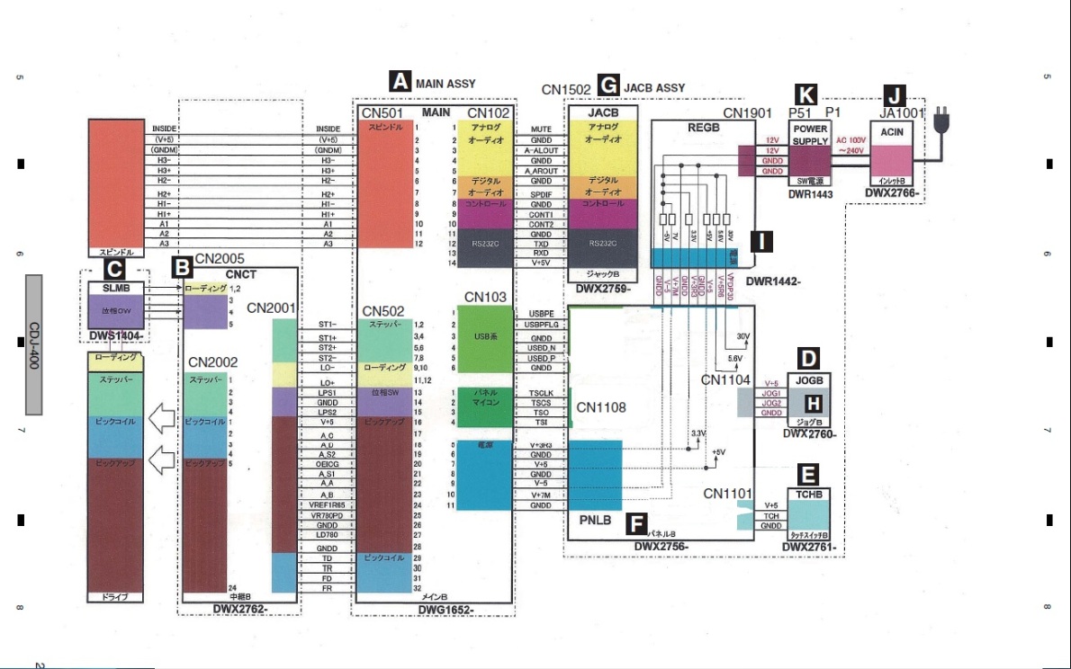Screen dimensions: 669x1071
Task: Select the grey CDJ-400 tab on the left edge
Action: point(34,344)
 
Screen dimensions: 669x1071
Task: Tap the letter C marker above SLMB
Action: point(114,267)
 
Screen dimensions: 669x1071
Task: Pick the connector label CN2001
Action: point(271,308)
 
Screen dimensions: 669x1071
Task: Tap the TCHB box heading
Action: point(807,495)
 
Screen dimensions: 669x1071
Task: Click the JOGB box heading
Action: point(808,379)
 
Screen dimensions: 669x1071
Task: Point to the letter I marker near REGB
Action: point(762,241)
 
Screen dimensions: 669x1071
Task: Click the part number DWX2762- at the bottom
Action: point(243,609)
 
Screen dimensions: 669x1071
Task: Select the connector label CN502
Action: point(383,311)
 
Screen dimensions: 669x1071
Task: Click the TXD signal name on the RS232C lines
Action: point(540,244)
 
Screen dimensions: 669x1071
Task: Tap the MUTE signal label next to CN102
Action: point(541,129)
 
